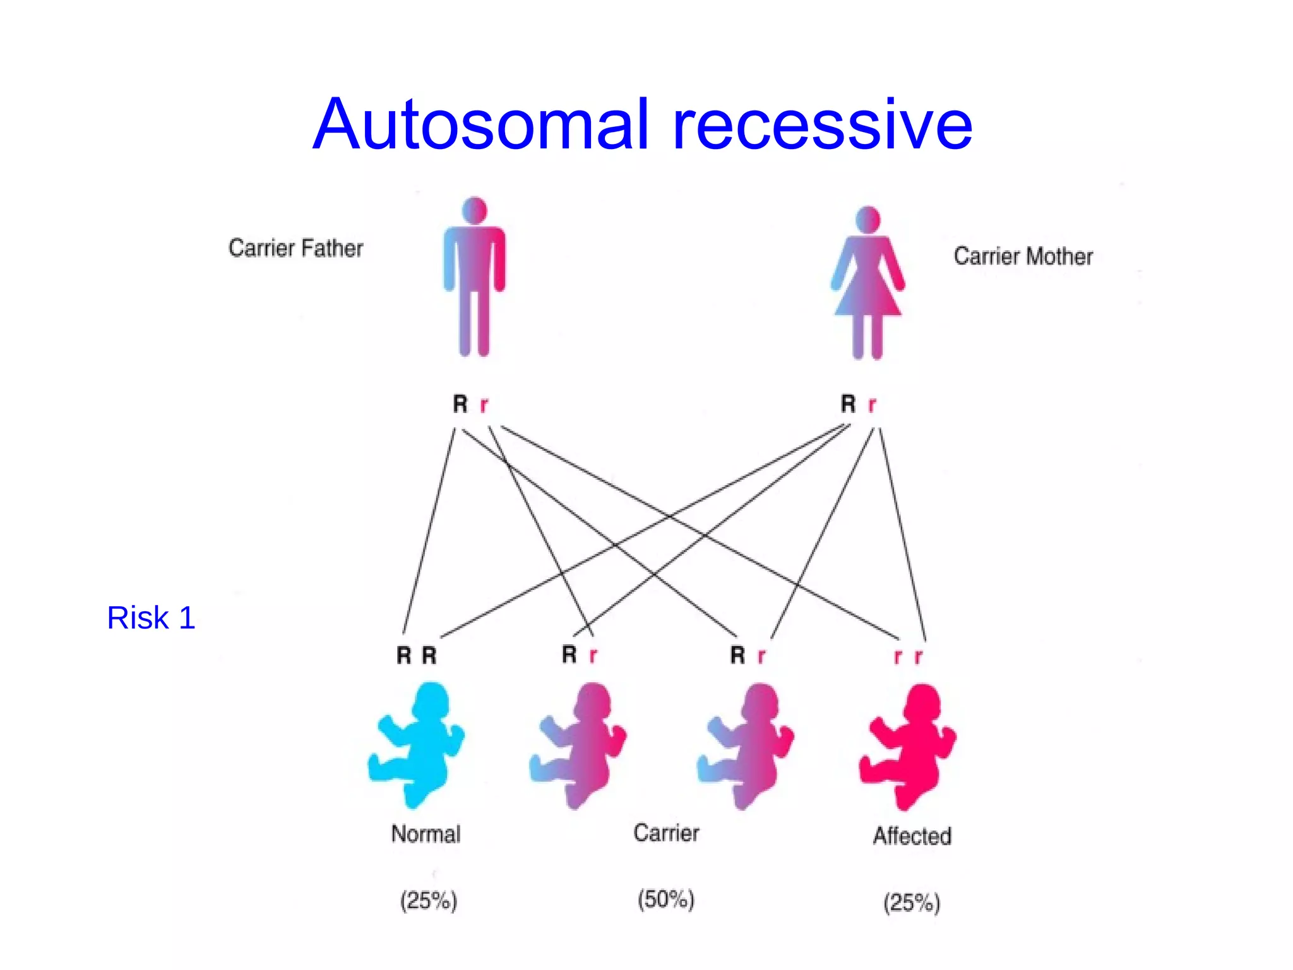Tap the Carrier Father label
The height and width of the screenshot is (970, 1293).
(295, 248)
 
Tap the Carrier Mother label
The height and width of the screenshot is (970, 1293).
(1023, 256)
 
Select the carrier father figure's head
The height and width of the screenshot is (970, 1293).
(475, 210)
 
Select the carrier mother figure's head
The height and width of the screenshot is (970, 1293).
(868, 219)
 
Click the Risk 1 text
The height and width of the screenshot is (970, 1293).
(151, 618)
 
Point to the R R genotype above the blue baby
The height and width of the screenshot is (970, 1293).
(417, 656)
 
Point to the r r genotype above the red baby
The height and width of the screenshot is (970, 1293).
(908, 657)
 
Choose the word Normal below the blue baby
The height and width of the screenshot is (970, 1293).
(426, 834)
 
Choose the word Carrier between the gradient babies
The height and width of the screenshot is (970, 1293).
(666, 833)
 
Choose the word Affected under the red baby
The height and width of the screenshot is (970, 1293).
(912, 836)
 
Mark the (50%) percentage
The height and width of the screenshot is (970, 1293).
(666, 899)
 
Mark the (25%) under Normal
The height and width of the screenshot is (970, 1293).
(428, 901)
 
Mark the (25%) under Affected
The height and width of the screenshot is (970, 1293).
(912, 903)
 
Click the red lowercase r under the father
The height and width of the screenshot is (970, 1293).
(484, 404)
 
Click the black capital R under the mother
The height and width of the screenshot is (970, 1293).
(848, 403)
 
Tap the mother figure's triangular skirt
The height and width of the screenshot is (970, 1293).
(868, 297)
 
